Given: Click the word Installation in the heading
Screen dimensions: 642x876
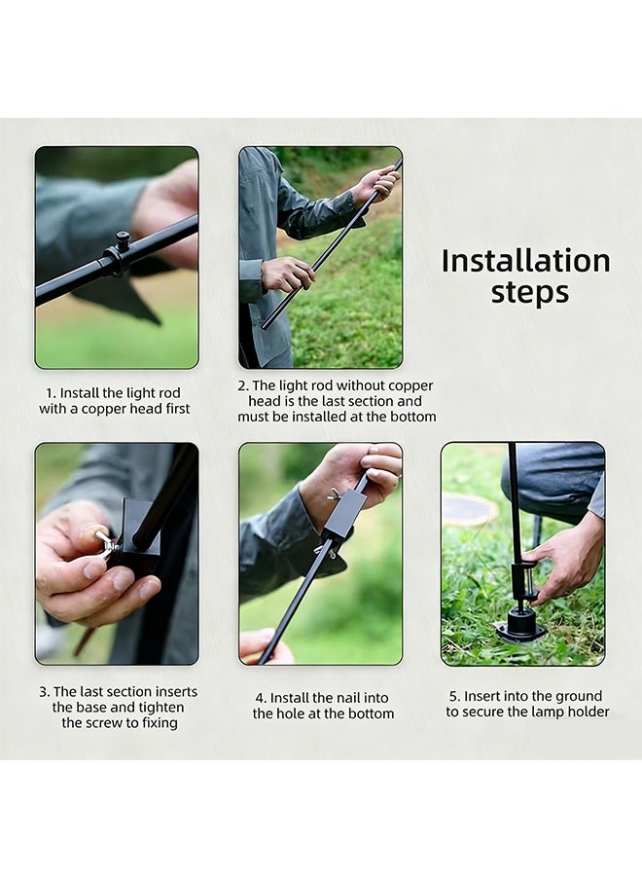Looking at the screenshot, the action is click(526, 261).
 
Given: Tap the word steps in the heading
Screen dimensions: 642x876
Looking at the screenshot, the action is click(530, 292).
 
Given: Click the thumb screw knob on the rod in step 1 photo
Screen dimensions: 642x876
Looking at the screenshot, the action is click(124, 240).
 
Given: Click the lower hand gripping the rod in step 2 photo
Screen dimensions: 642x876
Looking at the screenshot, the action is click(288, 274).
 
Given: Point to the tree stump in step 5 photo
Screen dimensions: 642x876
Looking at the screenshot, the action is click(470, 508).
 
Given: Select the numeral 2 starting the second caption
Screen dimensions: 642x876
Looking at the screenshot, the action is click(242, 386).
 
